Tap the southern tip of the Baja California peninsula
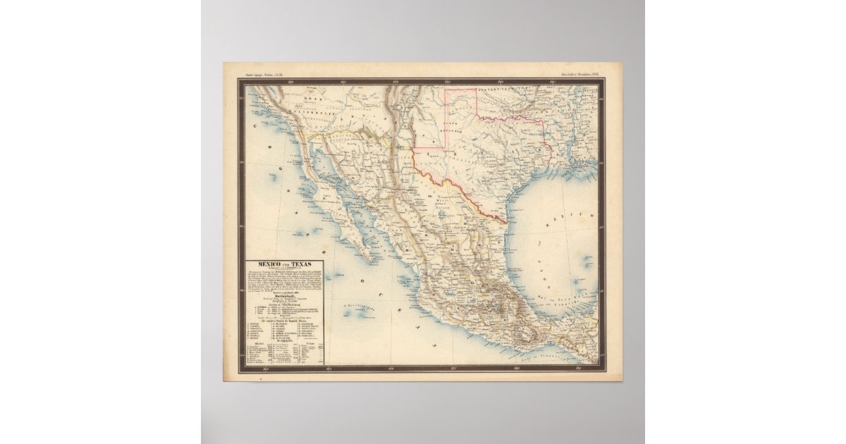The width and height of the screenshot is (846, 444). pyautogui.click(x=367, y=254)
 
